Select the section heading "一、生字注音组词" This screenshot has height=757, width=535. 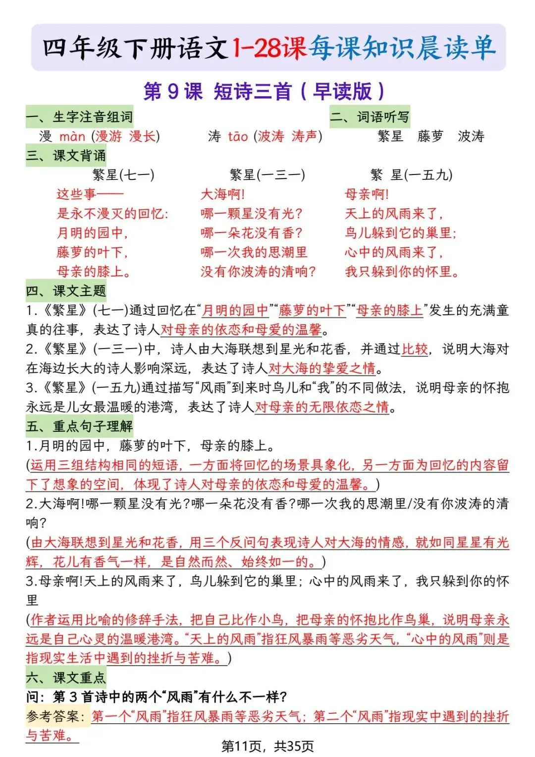point(79,117)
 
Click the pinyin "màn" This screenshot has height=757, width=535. point(72,136)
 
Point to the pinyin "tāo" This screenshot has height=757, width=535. point(238,136)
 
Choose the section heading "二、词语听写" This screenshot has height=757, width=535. point(370,117)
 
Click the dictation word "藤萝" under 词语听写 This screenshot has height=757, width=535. point(430,136)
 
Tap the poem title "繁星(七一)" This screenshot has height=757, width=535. point(123,175)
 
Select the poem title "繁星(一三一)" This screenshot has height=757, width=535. point(267,175)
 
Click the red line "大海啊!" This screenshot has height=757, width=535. point(222,194)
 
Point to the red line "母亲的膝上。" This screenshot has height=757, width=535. point(94,272)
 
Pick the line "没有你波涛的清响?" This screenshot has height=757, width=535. point(258,272)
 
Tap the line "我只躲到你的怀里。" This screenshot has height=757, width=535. point(402,272)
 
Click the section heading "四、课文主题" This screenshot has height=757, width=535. point(66,291)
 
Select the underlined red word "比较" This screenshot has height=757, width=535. point(415,349)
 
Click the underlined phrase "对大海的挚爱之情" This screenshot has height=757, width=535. point(322,368)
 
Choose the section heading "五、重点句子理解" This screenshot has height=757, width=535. point(79,426)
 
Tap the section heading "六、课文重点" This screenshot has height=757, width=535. point(66,678)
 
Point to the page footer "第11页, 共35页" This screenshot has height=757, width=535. point(267,746)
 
